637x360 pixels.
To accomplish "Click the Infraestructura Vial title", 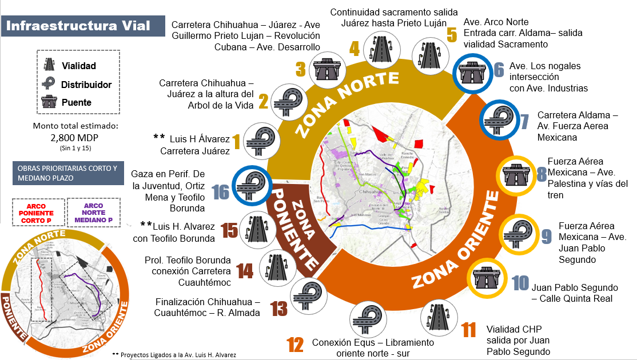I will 78,26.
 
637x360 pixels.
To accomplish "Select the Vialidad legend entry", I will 78,66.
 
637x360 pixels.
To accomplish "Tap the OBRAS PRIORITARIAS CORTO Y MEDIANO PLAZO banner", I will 67,173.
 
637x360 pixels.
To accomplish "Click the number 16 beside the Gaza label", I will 221,191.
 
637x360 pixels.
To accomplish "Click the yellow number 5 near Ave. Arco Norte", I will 452,35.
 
